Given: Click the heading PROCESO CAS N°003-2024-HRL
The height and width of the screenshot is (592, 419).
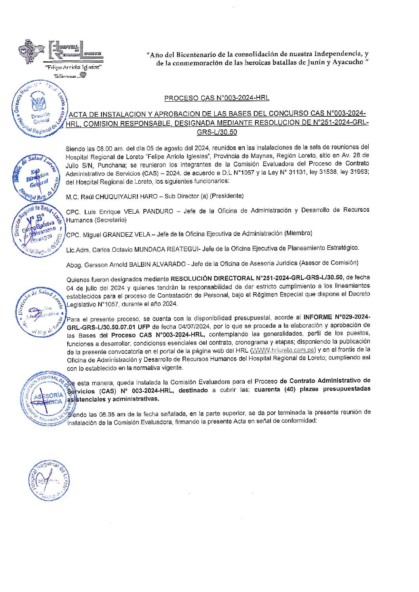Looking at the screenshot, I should tap(217, 98).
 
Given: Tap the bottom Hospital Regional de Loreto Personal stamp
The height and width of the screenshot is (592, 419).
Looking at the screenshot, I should tap(49, 480).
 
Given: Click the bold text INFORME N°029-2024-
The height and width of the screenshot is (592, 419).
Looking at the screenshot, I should tap(337, 317).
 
